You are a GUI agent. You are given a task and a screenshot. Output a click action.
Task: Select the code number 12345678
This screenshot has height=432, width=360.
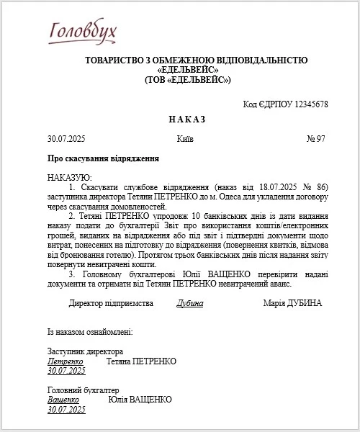[x=305, y=104]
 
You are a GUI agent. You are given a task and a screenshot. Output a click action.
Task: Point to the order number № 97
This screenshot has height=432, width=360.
[x=316, y=138]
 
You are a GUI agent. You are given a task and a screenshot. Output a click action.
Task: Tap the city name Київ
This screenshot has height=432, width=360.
[x=184, y=138]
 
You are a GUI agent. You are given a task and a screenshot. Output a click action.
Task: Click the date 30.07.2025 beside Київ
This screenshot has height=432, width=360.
[x=66, y=138]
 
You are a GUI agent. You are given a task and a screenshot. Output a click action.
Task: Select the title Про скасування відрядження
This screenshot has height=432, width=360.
[x=103, y=158]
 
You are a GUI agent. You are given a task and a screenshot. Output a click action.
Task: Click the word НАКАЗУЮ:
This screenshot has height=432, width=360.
[x=69, y=177]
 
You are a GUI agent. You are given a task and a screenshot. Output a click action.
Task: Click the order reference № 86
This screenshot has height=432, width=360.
[x=317, y=186]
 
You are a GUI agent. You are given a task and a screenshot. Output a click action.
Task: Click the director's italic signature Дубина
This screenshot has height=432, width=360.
[x=190, y=303]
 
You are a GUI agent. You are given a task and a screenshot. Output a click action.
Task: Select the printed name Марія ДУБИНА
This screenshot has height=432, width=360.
[x=293, y=303]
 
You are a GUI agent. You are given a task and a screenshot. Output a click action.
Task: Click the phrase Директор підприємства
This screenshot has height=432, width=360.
[x=111, y=303]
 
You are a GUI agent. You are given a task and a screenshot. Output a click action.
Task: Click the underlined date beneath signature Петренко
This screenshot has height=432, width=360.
[x=66, y=370]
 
